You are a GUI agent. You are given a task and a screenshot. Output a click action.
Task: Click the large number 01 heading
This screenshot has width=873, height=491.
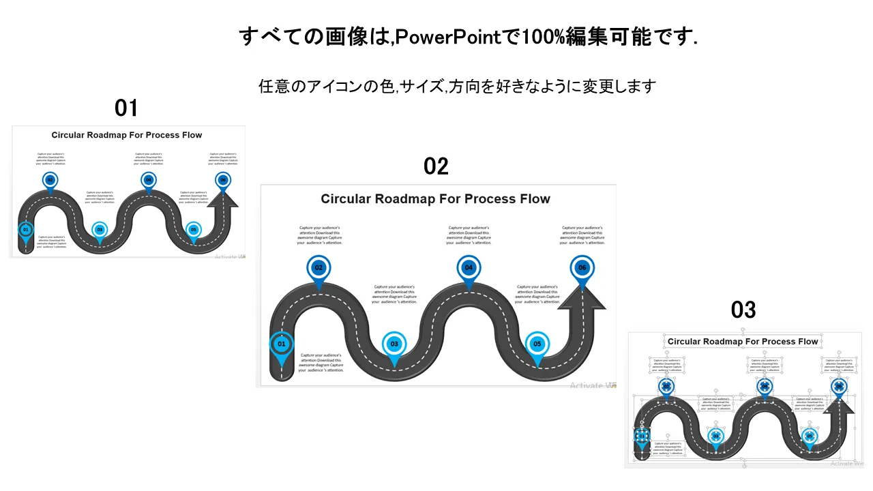pos(126,108)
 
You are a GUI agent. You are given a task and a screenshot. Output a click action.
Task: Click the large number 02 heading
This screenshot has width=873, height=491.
pos(436,166)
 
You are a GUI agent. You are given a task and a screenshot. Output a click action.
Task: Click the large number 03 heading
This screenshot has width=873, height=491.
pos(743,310)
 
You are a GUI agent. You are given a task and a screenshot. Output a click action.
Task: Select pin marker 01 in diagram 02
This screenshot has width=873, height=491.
pos(282,344)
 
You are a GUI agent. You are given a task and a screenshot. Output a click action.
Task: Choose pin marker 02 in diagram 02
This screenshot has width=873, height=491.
pos(319,268)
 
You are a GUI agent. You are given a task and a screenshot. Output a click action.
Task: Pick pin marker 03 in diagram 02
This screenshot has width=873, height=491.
pos(394,344)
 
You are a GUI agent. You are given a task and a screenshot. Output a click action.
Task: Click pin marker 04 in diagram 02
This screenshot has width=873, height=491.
pos(469,268)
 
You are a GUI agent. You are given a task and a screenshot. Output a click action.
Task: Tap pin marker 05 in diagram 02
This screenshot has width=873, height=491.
pos(537,344)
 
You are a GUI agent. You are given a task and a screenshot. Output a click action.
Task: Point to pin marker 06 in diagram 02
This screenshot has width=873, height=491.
pos(582,268)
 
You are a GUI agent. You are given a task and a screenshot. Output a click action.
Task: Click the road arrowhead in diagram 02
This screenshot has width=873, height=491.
pos(582,300)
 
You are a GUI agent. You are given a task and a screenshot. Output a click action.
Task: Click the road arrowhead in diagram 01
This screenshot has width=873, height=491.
pos(222,198)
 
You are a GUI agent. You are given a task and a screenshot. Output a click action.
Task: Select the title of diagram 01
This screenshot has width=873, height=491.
pos(127,135)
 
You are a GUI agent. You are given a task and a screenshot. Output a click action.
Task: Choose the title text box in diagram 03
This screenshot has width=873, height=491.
pos(743,342)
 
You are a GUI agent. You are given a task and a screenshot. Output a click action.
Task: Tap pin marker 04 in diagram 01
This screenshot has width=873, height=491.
pos(148,180)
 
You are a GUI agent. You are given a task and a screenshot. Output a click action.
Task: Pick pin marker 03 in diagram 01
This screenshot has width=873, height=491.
pos(100,230)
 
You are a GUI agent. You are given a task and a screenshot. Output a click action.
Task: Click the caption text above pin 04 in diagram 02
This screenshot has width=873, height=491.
pos(469,235)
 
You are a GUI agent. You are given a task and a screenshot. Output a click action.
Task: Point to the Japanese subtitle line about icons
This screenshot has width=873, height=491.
pos(457,87)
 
